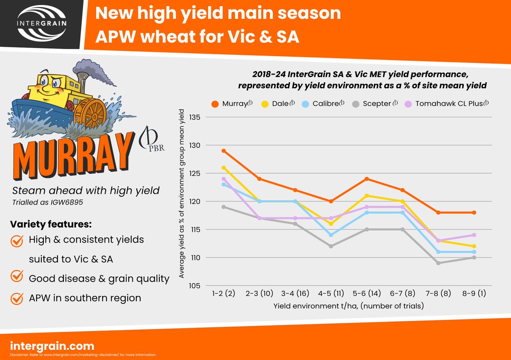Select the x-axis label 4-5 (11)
click(x=331, y=294)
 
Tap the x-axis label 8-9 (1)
click(x=474, y=294)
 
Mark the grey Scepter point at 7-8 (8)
click(x=438, y=263)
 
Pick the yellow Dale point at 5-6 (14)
click(x=367, y=196)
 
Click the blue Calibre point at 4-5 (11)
click(x=331, y=235)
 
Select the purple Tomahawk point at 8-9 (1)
click(x=474, y=235)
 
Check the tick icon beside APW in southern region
click(x=17, y=298)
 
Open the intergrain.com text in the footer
click(x=52, y=345)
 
